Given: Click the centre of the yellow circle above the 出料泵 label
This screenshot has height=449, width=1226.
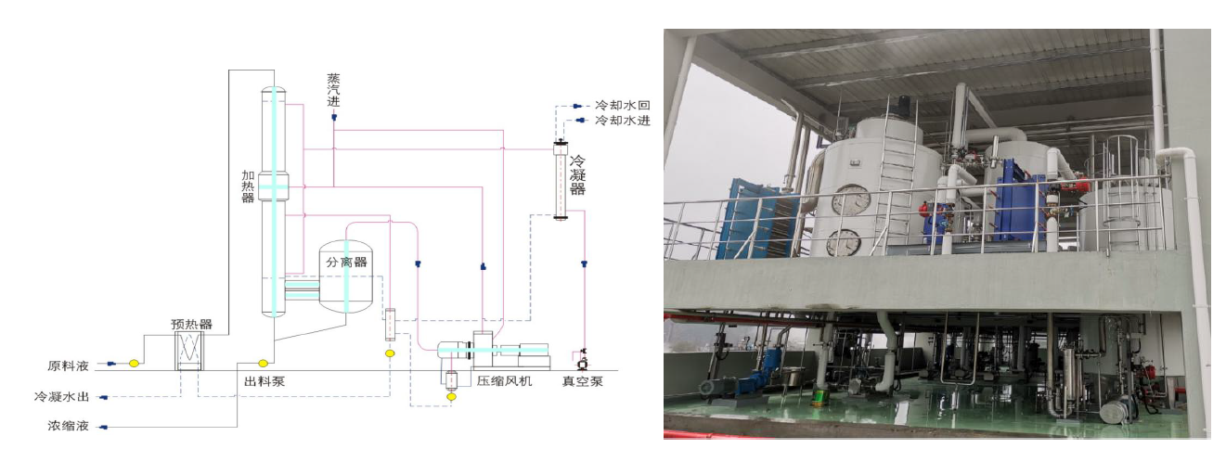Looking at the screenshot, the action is click(263, 363).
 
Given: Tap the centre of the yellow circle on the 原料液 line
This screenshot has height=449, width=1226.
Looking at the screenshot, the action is click(134, 363).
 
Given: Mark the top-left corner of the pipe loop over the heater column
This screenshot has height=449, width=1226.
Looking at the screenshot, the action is click(229, 70).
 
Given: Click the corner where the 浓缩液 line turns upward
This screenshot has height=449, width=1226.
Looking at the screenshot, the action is click(237, 427).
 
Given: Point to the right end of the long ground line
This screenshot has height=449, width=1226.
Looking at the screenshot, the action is click(618, 371).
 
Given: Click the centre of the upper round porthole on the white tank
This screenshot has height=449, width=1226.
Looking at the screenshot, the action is click(850, 199).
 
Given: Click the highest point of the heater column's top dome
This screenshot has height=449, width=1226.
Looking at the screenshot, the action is click(274, 86).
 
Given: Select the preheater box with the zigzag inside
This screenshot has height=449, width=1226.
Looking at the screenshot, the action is click(189, 351).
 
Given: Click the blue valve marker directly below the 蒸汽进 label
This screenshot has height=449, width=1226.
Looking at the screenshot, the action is click(334, 117).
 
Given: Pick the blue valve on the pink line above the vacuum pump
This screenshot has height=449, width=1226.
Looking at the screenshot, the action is click(584, 263).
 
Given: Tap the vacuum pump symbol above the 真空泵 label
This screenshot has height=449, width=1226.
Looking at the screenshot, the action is click(582, 360).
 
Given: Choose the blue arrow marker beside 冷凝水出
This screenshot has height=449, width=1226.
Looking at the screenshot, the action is click(103, 398).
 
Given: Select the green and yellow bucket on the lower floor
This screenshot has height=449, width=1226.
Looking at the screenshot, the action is click(819, 397).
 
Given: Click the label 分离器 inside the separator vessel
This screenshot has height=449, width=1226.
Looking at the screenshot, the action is click(346, 262).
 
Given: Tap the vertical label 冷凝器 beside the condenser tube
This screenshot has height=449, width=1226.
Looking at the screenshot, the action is click(577, 175).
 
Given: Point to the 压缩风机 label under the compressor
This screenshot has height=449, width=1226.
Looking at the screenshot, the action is click(504, 381).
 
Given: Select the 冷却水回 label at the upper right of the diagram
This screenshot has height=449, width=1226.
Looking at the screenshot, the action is click(623, 105).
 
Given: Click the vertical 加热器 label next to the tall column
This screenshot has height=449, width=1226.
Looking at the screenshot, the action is click(248, 186).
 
